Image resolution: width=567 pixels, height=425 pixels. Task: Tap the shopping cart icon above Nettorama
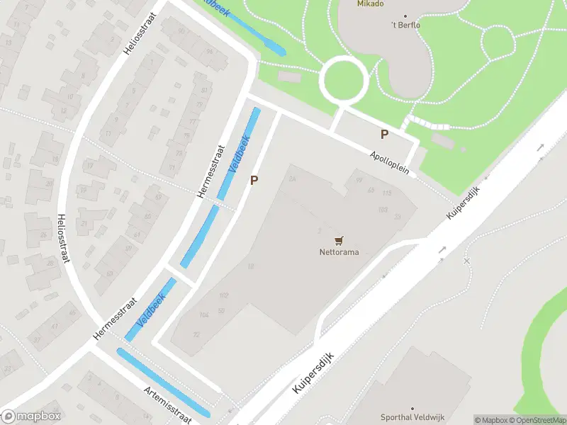pyautogui.click(x=338, y=240)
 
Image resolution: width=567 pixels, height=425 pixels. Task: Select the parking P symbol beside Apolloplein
pyautogui.click(x=385, y=135)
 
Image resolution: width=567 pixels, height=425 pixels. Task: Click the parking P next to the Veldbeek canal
pyautogui.click(x=254, y=181)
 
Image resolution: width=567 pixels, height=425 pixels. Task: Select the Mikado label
pyautogui.click(x=369, y=4)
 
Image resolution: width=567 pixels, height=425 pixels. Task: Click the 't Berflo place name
pyautogui.click(x=405, y=25)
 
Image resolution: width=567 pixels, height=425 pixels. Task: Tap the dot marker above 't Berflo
pyautogui.click(x=406, y=16)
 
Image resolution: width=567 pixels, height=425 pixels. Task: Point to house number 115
pyautogui.click(x=387, y=193)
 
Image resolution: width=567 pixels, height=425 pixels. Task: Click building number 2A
pyautogui.click(x=292, y=179)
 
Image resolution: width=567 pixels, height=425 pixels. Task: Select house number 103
pyautogui.click(x=383, y=209)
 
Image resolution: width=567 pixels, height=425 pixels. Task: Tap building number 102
pyautogui.click(x=224, y=295)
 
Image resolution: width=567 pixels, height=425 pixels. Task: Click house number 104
pyautogui.click(x=205, y=314)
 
